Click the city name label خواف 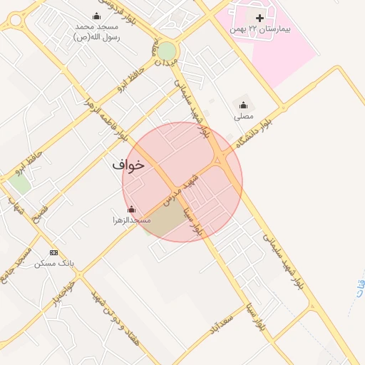point(128,165)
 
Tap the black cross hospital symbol point(259,16)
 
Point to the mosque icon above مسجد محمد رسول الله point(97,16)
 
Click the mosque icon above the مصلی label point(243,105)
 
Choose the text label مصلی point(243,115)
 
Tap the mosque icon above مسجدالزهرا point(131,209)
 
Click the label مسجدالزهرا point(131,220)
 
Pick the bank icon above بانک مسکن point(53,252)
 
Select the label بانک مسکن point(54,263)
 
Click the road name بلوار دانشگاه point(256,133)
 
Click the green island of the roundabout point(166,51)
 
